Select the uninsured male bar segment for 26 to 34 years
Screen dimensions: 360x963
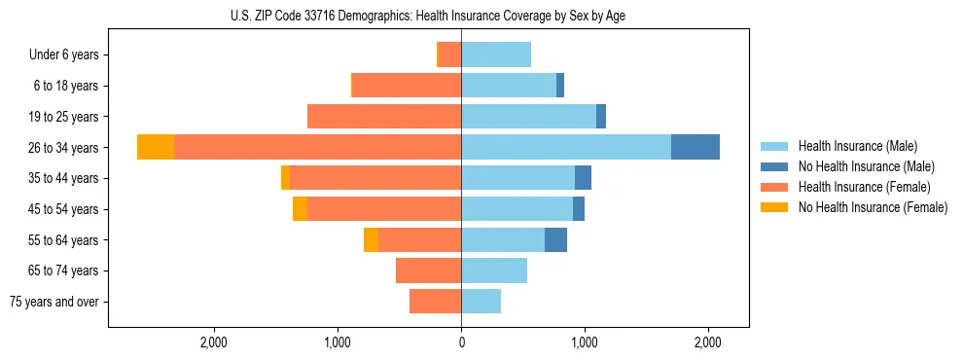(x=695, y=147)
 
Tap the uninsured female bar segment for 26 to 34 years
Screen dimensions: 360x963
(x=156, y=147)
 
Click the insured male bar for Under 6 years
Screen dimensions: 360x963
(x=496, y=54)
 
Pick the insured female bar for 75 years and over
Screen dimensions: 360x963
(x=435, y=302)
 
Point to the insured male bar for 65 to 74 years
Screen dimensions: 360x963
(x=494, y=270)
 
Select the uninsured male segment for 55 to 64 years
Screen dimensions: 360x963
(x=555, y=239)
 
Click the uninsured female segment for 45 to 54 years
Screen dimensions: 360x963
(x=300, y=208)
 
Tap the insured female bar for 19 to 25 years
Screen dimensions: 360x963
(x=384, y=116)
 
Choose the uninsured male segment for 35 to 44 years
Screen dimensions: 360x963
(x=583, y=178)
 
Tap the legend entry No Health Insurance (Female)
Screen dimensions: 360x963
(x=873, y=207)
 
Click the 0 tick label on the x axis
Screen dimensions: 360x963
(x=461, y=342)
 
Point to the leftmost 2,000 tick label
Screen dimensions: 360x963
(x=214, y=342)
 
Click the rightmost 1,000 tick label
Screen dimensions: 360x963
(x=585, y=342)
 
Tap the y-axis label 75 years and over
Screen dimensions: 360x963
(x=54, y=302)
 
